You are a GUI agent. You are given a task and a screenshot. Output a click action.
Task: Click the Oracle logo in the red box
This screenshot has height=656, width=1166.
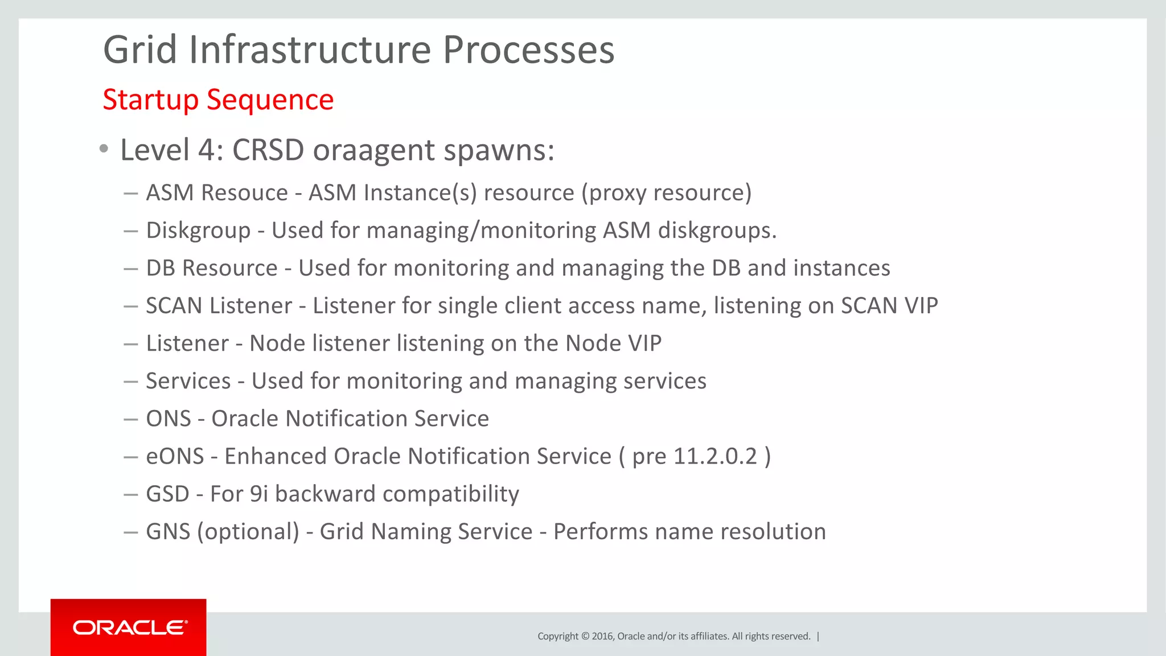(130, 628)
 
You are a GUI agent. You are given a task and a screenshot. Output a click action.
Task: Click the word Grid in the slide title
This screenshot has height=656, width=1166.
(140, 50)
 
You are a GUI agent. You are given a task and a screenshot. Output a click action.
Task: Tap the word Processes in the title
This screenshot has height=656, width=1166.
(528, 50)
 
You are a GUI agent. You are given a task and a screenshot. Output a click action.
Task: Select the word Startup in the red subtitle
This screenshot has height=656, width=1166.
(150, 100)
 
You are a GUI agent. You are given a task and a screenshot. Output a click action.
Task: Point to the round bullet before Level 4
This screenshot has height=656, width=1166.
(103, 149)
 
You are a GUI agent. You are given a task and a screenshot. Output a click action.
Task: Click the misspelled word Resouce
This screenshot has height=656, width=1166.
(245, 192)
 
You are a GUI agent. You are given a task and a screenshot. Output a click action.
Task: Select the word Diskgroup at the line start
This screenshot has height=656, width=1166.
(198, 231)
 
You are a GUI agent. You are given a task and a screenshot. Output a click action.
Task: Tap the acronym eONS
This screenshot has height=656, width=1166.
(175, 457)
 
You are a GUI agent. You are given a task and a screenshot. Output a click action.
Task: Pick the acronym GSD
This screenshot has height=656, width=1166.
(167, 494)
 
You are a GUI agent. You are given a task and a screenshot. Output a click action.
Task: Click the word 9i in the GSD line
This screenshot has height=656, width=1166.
(259, 494)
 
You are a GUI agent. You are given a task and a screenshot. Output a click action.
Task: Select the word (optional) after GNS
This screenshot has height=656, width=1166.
(248, 532)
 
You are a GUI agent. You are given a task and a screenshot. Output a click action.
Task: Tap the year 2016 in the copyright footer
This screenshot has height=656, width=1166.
(602, 636)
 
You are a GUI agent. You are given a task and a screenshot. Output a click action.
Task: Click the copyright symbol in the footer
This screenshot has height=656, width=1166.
(585, 636)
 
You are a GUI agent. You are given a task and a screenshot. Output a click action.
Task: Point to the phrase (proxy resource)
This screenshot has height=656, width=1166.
(666, 193)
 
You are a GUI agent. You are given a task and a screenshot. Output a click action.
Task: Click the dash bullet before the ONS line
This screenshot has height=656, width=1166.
(131, 419)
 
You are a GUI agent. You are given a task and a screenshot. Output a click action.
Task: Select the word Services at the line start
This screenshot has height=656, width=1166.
(188, 381)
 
